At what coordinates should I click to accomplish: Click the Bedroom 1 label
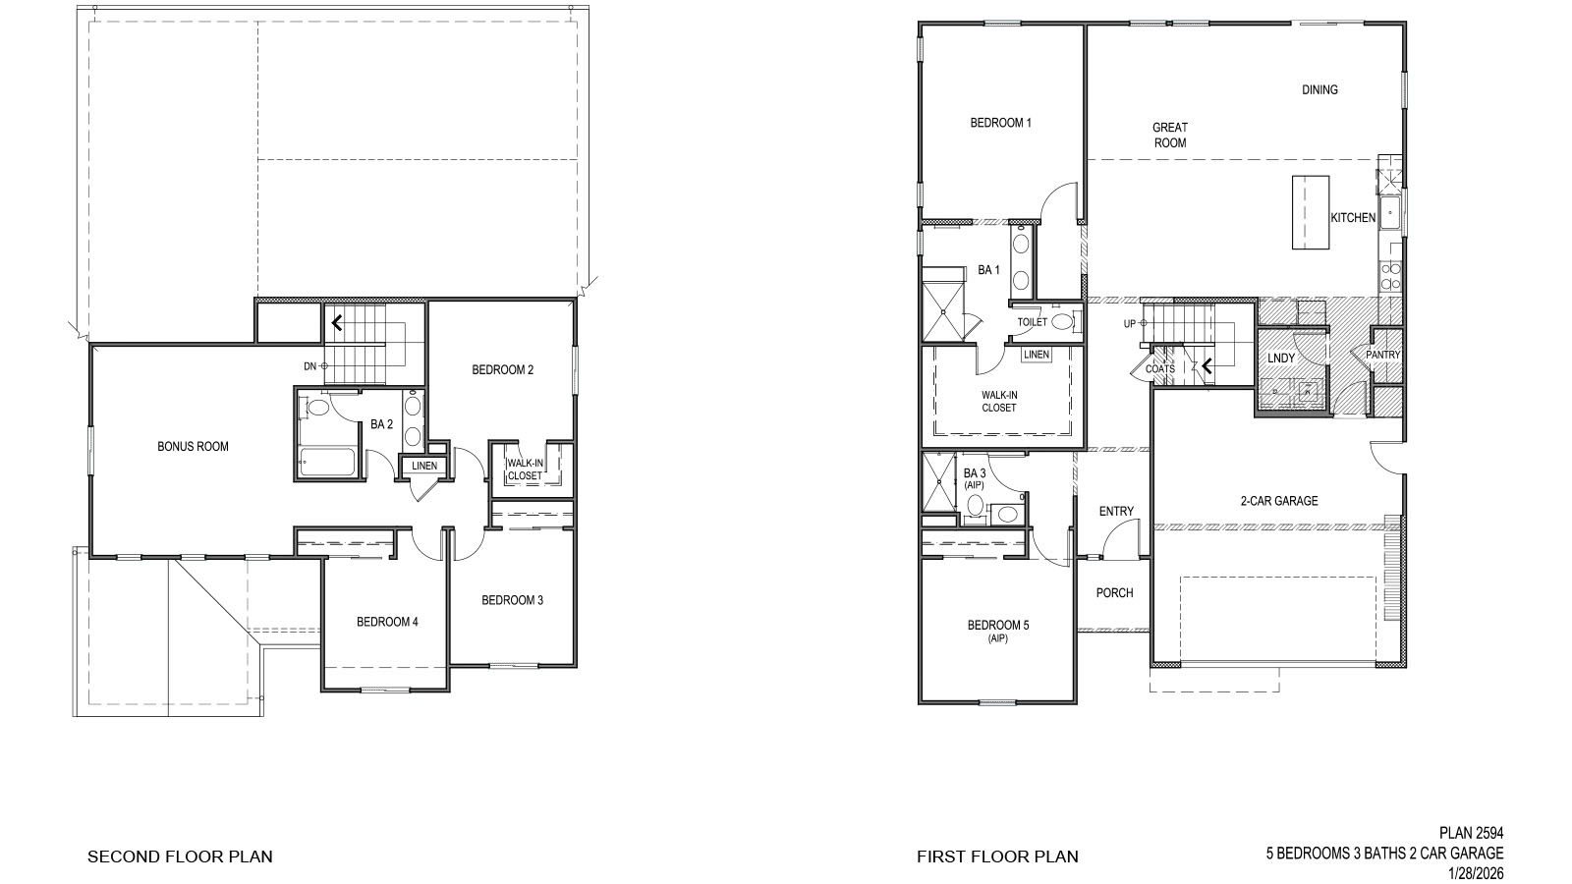(1000, 123)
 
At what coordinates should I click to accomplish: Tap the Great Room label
(1169, 135)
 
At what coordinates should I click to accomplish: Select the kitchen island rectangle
(1310, 212)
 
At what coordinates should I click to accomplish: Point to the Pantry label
(1382, 355)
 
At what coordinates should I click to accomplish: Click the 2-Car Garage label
(1278, 501)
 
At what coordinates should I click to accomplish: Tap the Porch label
(1114, 592)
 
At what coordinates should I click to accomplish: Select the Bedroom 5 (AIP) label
(998, 630)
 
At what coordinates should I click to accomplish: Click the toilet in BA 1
(1063, 321)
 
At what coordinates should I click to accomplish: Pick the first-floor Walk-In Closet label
(998, 401)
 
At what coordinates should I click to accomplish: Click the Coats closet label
(1159, 369)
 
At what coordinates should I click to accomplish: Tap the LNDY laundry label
(1280, 359)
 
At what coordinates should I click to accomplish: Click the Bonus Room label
(193, 446)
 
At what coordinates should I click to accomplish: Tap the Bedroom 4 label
(387, 621)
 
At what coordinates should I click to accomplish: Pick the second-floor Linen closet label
(424, 466)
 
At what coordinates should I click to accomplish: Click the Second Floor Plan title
(180, 856)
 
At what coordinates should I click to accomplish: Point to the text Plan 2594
(1471, 833)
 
